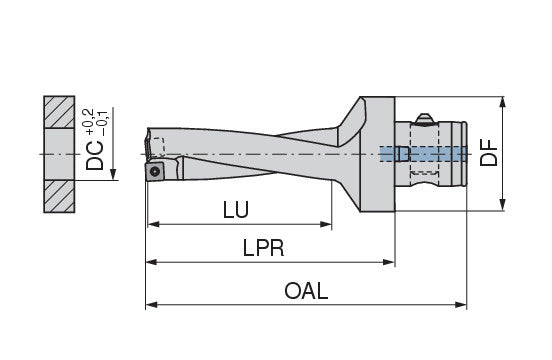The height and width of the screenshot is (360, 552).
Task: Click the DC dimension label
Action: (95, 156)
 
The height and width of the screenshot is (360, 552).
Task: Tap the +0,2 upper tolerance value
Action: (88, 122)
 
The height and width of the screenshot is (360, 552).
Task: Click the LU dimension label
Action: (236, 210)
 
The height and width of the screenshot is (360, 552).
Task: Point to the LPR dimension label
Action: (263, 248)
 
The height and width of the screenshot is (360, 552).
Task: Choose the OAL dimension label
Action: (306, 291)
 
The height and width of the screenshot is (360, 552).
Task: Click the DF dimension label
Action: (489, 152)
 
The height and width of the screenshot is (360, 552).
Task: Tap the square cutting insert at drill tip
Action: (155, 172)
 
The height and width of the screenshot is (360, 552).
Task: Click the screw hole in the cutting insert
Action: (155, 172)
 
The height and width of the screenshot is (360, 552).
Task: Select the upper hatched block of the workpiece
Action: (59, 112)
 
